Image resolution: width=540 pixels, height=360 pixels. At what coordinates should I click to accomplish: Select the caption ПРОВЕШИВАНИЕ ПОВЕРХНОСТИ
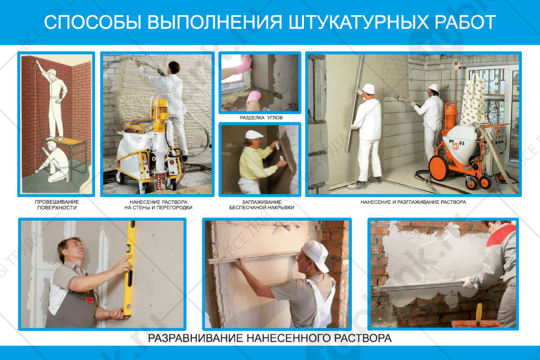point(56,205)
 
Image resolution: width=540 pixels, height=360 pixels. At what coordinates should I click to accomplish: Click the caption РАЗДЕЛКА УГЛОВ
point(260,117)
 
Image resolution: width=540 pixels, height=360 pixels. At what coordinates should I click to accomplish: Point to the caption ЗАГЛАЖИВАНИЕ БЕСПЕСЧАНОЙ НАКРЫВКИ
point(260,205)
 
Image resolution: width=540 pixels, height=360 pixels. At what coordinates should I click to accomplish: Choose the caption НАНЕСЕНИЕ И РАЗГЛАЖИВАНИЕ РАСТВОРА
point(413,202)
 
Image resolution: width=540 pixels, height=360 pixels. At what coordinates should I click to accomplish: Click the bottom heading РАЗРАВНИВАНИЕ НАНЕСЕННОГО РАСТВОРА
point(269,338)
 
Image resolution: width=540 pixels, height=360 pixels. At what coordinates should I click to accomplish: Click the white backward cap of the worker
point(315,252)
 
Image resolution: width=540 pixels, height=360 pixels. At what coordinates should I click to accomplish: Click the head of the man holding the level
point(73,250)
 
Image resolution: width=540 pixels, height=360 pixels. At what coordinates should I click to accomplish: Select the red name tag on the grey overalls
point(90,298)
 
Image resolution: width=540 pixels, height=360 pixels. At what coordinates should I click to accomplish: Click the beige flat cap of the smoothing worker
point(254,134)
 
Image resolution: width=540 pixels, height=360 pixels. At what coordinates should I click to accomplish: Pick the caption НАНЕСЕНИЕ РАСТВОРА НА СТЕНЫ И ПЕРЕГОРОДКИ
point(158,205)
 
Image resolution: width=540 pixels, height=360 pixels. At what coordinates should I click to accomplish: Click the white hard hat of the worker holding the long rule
point(368,88)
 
